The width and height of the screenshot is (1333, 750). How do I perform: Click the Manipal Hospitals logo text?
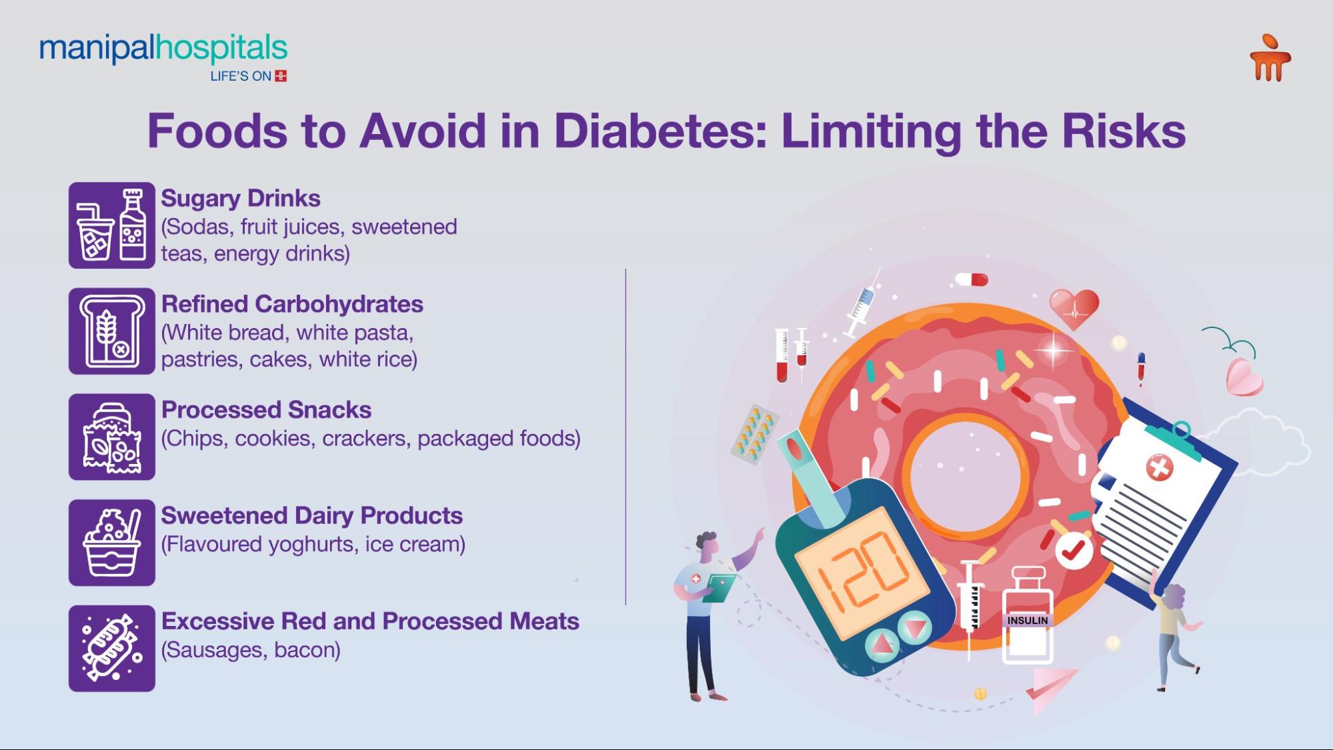point(163,49)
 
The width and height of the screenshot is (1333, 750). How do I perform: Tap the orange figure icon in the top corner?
point(1270,59)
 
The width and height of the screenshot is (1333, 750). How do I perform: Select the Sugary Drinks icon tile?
point(112,225)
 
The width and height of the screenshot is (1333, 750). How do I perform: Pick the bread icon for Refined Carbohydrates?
point(112,331)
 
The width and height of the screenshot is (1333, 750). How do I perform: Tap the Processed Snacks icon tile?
point(112,437)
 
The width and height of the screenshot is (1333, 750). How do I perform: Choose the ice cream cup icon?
point(112,543)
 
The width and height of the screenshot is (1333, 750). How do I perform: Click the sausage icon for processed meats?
point(112,648)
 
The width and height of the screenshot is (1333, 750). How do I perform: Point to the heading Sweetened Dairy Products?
point(311,515)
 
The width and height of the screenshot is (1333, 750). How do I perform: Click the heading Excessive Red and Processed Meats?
point(370,621)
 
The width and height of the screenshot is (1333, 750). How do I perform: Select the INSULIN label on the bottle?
point(1027,621)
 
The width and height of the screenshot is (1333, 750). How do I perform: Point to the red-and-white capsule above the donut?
point(971,279)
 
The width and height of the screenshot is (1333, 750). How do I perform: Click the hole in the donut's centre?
point(965,474)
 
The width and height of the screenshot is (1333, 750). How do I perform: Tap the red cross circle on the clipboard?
point(1159,467)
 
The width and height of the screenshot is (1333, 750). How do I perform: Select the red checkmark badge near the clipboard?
point(1073,550)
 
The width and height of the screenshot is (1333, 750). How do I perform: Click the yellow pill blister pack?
point(754,434)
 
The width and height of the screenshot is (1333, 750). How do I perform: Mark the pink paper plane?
point(1050,687)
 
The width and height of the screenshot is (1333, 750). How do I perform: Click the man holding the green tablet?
point(704,613)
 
